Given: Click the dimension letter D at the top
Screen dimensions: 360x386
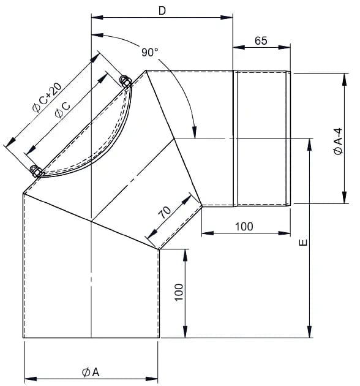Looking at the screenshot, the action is point(162,10).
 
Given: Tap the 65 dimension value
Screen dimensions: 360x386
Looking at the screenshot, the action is point(261,40).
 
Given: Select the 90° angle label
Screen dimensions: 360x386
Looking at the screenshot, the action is point(149,52).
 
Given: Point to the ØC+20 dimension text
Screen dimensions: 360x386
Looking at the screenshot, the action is point(47,98).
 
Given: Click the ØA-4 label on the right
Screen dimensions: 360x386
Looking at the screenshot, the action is point(339,142).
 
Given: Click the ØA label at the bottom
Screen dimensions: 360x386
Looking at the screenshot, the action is point(91,373).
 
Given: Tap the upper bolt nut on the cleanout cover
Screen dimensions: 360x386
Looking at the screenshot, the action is point(126,81).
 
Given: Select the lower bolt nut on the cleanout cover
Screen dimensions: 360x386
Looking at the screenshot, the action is point(36,170).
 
